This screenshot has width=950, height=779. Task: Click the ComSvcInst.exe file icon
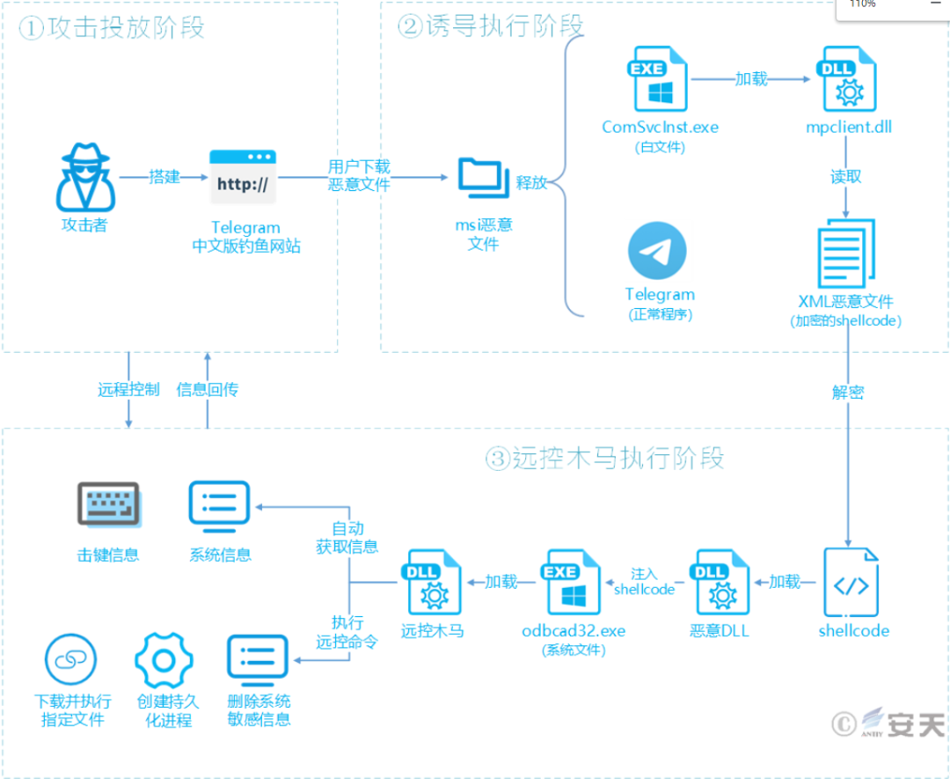coord(658,79)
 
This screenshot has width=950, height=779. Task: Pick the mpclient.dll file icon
coord(848,80)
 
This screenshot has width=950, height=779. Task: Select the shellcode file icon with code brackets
coord(852,584)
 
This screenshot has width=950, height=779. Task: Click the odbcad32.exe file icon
coord(573,584)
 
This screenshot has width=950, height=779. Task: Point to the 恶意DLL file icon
coord(720,584)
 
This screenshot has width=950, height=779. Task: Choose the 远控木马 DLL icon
coord(432,584)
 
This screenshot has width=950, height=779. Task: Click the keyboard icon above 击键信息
coord(108,505)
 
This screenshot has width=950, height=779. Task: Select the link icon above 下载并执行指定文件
coord(70,661)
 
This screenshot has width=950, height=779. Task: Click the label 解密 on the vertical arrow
coord(847,393)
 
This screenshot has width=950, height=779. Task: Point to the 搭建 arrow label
coord(164,177)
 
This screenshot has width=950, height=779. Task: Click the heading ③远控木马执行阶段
coord(605,459)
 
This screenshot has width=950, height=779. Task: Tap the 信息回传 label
coord(208,389)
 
